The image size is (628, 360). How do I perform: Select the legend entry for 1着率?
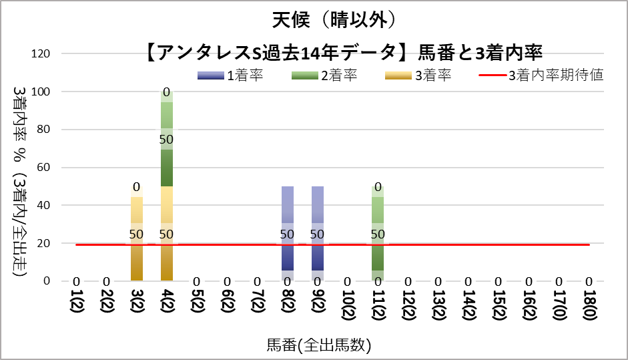(x=231, y=75)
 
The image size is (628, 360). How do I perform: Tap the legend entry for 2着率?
(x=325, y=75)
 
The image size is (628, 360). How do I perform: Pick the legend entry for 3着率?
(x=419, y=75)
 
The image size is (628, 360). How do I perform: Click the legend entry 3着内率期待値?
(x=542, y=75)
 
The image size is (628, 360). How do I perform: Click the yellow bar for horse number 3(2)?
(x=137, y=260)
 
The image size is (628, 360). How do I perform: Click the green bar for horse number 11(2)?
(x=378, y=260)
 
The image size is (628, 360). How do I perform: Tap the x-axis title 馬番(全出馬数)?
(x=319, y=345)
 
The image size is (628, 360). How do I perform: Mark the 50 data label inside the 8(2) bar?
(x=288, y=234)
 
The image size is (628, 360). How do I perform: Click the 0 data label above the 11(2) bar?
(x=378, y=187)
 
